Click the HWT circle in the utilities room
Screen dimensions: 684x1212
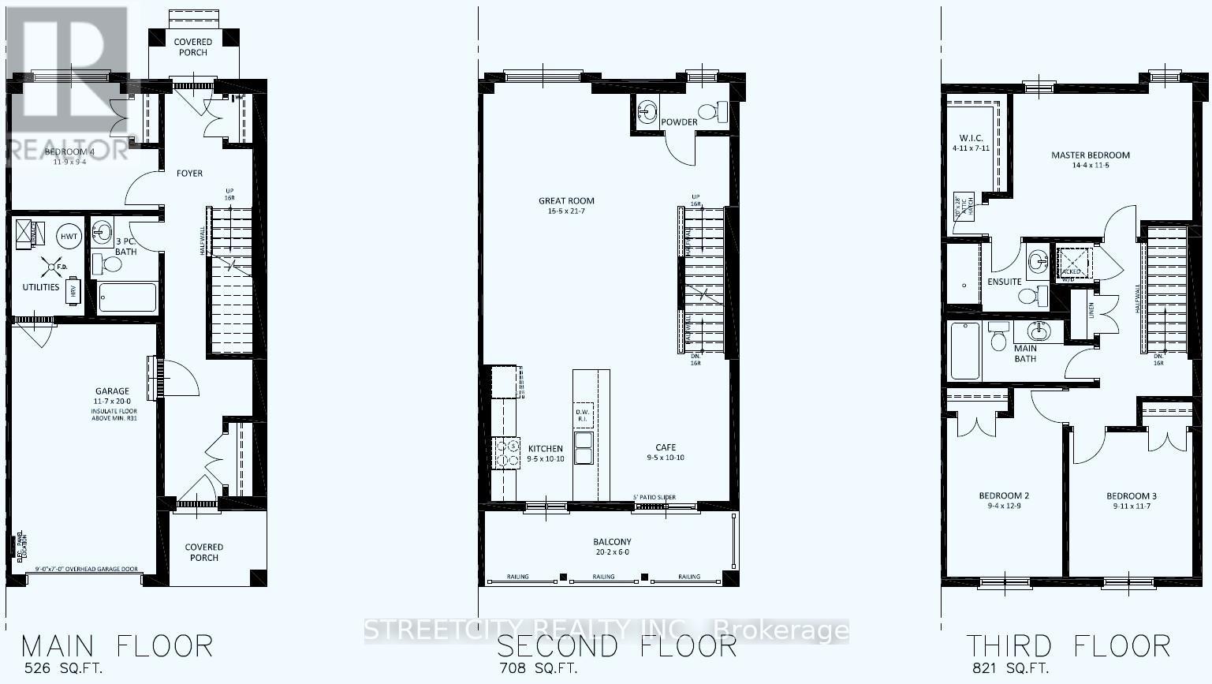[69, 237]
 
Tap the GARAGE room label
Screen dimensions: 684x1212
[112, 391]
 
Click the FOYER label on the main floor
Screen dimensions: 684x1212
[189, 174]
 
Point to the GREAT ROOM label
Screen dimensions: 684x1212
[566, 201]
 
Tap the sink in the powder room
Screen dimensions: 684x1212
[648, 112]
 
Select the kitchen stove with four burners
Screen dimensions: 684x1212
[505, 453]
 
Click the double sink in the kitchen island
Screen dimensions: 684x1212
[584, 447]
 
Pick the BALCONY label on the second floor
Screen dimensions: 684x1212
[612, 542]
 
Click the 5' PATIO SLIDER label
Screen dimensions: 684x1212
[654, 498]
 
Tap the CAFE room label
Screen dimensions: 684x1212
[665, 447]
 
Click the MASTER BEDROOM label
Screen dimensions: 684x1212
[1090, 155]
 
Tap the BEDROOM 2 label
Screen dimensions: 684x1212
[1004, 496]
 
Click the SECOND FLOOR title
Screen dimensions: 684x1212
[616, 646]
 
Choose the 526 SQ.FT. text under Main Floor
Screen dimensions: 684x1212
[63, 668]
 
